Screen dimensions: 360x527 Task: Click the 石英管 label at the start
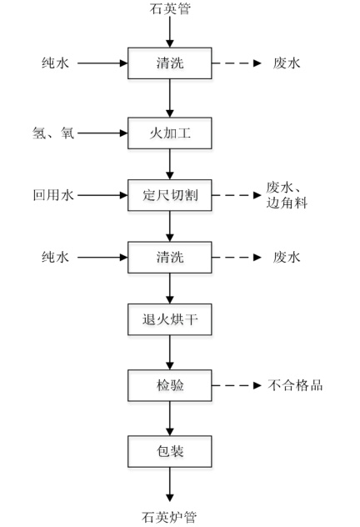coord(170,8)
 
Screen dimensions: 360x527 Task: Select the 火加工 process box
coord(170,133)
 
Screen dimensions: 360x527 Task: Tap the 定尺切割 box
coord(170,195)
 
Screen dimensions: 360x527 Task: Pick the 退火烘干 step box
coord(170,319)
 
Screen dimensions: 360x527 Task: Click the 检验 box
coord(170,385)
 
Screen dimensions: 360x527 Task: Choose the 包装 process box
coord(170,451)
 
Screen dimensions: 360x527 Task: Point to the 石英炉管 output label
coord(169,517)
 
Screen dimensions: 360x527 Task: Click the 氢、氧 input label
coord(53,133)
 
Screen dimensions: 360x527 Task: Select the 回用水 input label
coord(53,195)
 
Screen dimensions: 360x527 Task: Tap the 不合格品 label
coord(295,385)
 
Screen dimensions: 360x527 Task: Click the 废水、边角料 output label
coord(287,195)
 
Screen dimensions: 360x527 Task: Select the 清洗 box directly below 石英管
coord(170,63)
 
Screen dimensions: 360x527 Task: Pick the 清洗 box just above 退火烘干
coord(170,257)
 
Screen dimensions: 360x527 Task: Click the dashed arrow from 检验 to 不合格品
coord(237,385)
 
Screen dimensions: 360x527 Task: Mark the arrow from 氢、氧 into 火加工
coord(102,133)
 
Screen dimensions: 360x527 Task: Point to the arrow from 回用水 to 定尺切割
coord(102,195)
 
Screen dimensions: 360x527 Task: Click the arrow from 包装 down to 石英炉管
coord(170,484)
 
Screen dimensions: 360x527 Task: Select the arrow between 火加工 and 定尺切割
coord(170,164)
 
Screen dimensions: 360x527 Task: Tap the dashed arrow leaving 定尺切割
coord(237,195)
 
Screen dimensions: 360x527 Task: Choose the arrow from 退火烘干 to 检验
coord(170,353)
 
